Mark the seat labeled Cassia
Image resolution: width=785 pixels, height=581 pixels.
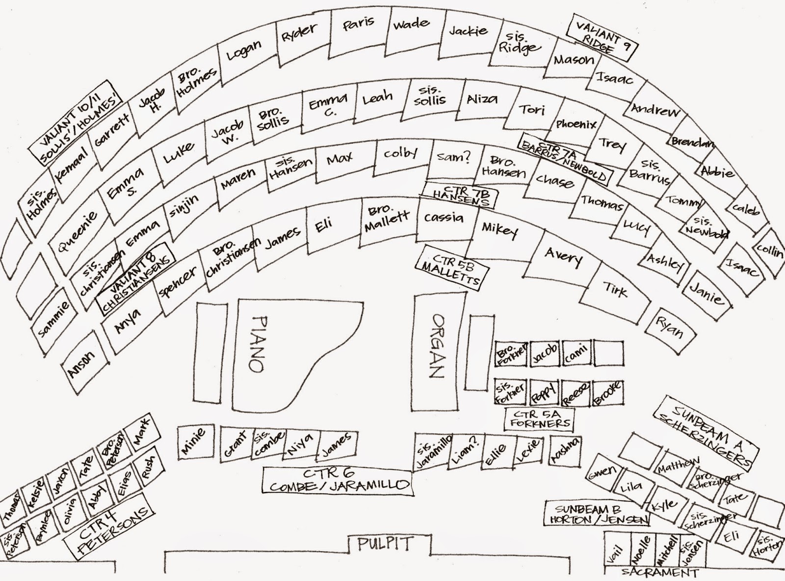click(x=444, y=219)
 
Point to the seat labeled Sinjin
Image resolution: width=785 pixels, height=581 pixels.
click(x=185, y=205)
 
